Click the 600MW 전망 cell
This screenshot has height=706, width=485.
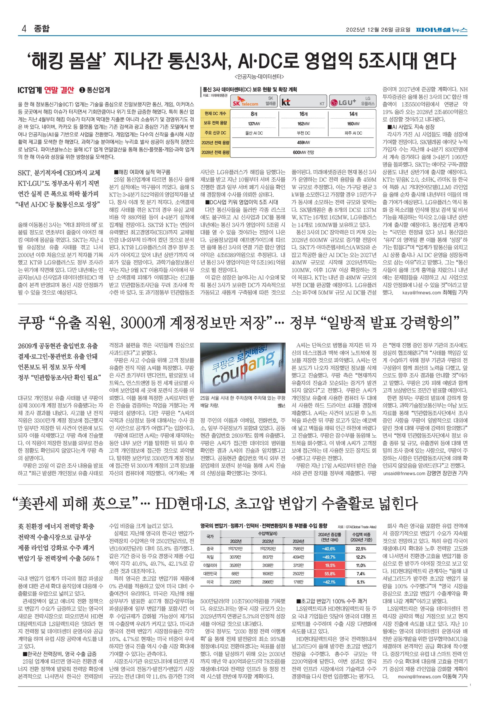[x=304, y=152]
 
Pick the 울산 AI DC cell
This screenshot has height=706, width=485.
[x=254, y=133]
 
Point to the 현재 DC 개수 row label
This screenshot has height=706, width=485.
[x=215, y=114]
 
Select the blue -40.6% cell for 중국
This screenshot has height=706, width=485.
[x=330, y=549]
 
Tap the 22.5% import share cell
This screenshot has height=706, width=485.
[x=361, y=549]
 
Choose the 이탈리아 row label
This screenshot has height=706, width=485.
[x=210, y=565]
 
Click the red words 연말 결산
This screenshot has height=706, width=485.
[x=59, y=90]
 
